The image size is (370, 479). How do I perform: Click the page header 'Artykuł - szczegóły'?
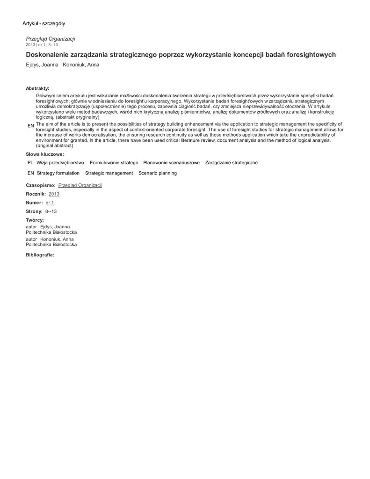(x=44, y=23)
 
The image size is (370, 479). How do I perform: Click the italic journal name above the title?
(x=51, y=39)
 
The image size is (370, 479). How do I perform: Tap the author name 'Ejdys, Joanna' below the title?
(x=41, y=65)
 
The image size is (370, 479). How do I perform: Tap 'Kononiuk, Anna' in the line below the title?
(x=81, y=65)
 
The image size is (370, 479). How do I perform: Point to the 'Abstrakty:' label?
(x=37, y=88)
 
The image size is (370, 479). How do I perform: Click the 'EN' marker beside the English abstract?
(x=30, y=126)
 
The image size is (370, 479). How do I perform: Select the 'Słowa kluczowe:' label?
(x=45, y=154)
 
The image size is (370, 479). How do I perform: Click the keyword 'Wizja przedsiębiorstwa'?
(x=60, y=163)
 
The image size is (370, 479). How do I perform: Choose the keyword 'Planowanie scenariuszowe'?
(x=171, y=163)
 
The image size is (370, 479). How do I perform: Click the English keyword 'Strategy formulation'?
(x=58, y=173)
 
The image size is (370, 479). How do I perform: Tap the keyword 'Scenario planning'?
(x=158, y=173)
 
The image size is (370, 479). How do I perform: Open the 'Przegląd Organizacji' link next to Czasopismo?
(x=80, y=185)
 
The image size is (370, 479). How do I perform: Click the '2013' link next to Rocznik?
(x=54, y=194)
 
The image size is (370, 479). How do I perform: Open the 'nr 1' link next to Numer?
(x=50, y=203)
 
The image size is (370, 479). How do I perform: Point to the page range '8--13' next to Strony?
(x=51, y=211)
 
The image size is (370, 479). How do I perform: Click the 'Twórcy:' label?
(x=35, y=220)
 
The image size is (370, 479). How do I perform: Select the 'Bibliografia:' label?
(x=40, y=255)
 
